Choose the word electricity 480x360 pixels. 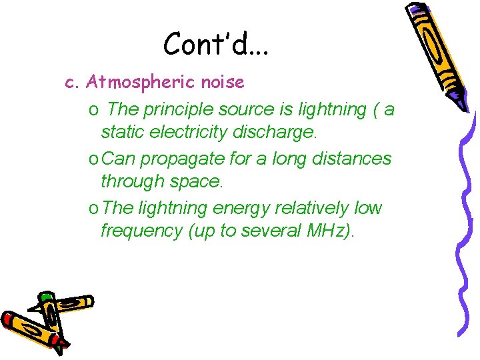click(x=185, y=132)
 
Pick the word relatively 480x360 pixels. click(x=311, y=208)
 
